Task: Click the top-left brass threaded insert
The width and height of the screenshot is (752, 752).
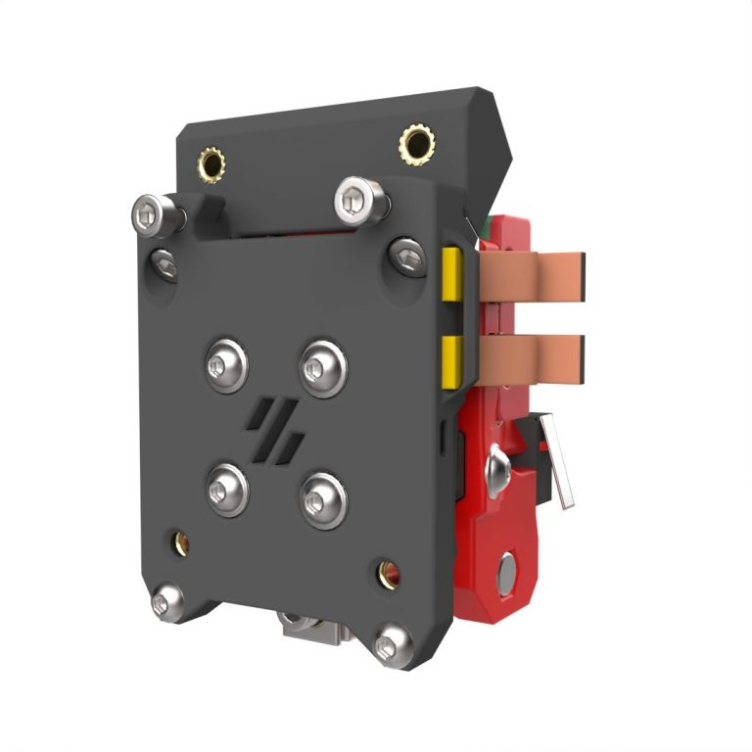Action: point(211,161)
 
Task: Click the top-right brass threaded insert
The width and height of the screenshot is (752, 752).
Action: point(417,146)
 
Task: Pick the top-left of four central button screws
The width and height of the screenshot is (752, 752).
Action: point(226,365)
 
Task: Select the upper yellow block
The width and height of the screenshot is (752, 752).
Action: point(452,274)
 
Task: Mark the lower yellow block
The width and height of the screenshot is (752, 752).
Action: point(452,360)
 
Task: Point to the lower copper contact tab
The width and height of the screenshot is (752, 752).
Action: point(534,354)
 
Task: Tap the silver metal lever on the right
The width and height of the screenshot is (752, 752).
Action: point(557,460)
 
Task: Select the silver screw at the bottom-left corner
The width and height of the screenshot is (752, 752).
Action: point(167,599)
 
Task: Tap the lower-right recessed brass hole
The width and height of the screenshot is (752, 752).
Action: point(388,574)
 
